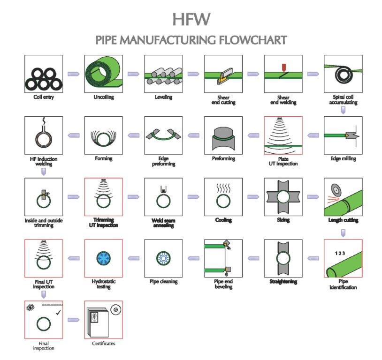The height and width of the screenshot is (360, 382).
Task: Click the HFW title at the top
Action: [x=191, y=19]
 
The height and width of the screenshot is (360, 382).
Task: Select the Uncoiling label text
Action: [x=103, y=97]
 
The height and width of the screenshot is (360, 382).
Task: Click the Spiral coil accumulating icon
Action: [x=343, y=74]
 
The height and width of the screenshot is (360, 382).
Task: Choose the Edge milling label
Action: [x=343, y=158]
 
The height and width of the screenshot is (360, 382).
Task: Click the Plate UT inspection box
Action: [x=283, y=135]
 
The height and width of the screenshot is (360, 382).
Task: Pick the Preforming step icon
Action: [x=223, y=135]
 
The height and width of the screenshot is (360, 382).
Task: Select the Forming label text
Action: [x=103, y=158]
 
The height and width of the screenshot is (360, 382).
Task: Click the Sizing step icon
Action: [x=283, y=197]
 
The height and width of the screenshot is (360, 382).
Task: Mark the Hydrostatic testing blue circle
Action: [x=103, y=258]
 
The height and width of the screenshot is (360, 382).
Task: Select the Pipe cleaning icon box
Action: [x=163, y=258]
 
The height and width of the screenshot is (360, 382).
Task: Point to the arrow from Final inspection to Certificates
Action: [x=73, y=320]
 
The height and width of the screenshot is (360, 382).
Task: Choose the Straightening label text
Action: [x=283, y=282]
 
